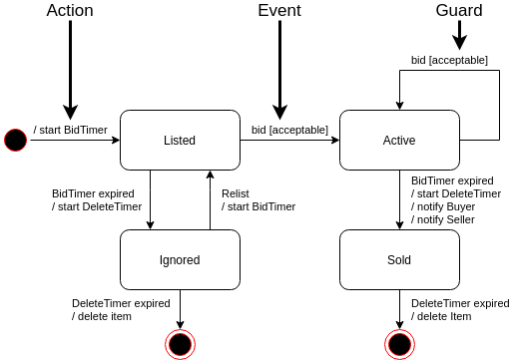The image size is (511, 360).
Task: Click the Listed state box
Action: pos(180,140)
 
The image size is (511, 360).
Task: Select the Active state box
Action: pos(399,140)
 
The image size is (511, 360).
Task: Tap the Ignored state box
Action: pos(180,259)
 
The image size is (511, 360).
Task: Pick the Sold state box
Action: pos(399,259)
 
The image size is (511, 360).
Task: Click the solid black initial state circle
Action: pos(15,140)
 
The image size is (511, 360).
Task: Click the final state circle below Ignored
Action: pos(181,343)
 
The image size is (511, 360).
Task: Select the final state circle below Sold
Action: pos(400,343)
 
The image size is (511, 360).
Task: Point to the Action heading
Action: pos(70,11)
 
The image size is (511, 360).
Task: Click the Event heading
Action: pos(279,11)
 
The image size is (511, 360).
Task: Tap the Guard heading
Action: pos(459,11)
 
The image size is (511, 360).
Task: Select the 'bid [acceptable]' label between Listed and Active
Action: pos(289,130)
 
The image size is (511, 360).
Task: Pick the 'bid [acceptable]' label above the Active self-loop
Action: pos(449,60)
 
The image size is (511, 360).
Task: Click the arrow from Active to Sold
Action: pos(400,199)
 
